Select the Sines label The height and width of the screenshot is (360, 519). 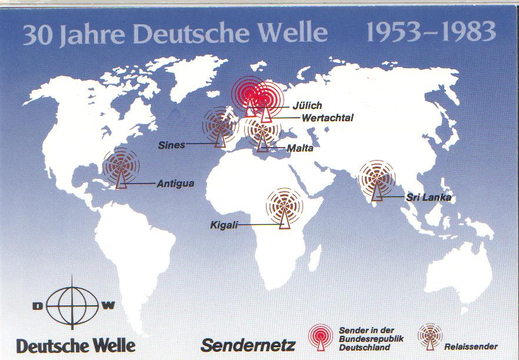click(x=171, y=145)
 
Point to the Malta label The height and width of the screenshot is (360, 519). click(x=300, y=148)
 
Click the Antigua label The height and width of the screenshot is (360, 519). click(x=175, y=184)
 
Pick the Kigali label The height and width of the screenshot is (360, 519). click(x=224, y=225)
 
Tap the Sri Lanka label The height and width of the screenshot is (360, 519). click(x=428, y=198)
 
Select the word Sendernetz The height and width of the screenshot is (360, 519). click(x=248, y=345)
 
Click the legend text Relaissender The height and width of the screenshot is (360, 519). click(x=471, y=346)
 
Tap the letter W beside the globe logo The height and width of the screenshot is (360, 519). click(x=109, y=305)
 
